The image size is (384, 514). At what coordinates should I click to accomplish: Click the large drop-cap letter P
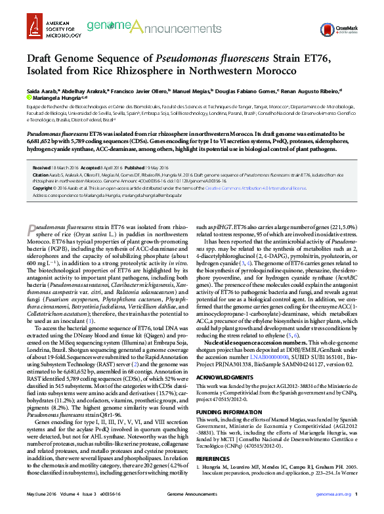[x=32, y=229]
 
